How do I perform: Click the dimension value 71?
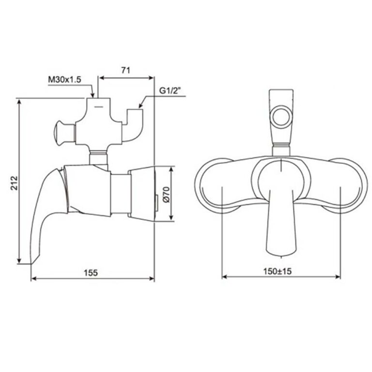125,70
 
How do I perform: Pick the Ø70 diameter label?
165,195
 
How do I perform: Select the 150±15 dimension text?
278,272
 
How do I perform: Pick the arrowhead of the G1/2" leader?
138,107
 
